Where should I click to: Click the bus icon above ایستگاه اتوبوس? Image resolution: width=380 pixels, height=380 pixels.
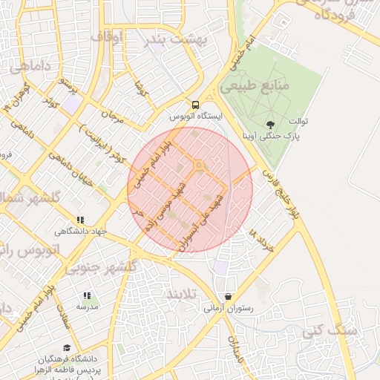click(x=195, y=105)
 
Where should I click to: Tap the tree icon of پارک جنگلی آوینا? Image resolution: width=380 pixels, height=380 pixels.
click(x=269, y=125)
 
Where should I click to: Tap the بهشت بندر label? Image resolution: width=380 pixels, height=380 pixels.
click(x=175, y=38)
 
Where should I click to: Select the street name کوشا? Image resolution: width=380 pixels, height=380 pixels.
click(x=139, y=92)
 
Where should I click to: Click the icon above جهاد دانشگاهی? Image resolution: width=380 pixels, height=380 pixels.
click(x=80, y=220)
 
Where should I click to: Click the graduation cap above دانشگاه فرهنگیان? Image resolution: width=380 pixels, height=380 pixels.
click(x=68, y=347)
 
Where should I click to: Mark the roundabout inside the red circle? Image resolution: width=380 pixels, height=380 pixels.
click(x=198, y=165)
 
